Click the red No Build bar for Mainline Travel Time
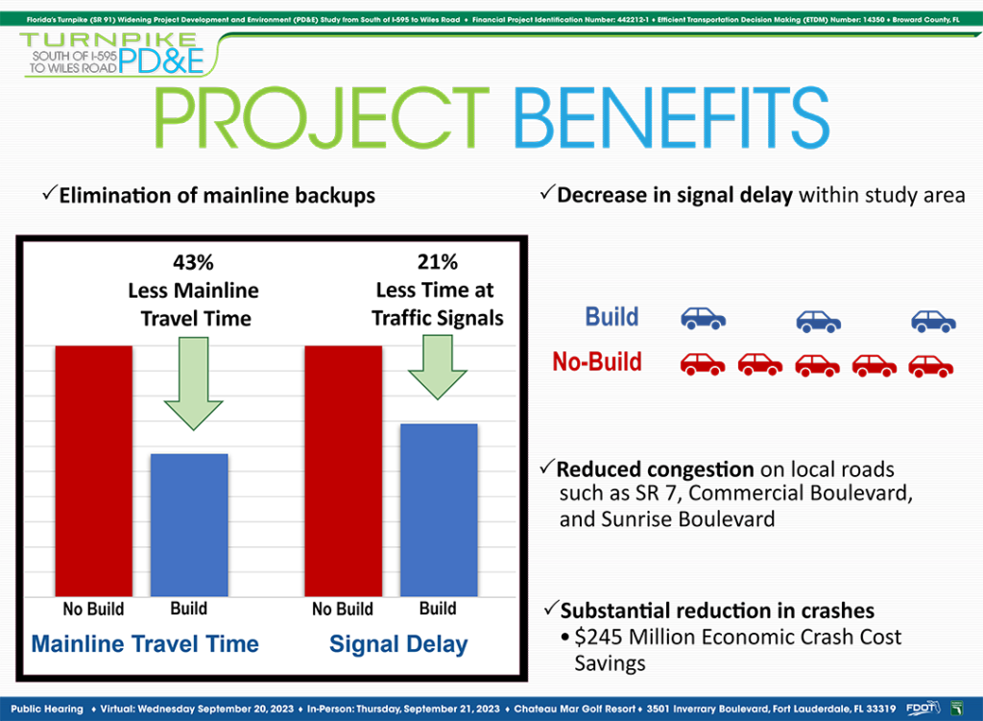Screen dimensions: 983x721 point(94,470)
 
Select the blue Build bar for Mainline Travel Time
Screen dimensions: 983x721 point(189,525)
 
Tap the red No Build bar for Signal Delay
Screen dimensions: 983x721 point(344,470)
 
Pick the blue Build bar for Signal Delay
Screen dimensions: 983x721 point(439,511)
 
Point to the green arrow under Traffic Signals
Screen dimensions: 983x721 point(438,368)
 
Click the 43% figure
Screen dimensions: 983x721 point(193,262)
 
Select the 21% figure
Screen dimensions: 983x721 point(438,262)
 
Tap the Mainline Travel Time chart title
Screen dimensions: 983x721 point(145,644)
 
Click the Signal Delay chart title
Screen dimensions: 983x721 point(398,644)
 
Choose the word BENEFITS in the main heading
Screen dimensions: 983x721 point(671,118)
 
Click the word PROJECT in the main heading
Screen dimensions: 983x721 point(322,118)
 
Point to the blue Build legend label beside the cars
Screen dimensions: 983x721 point(611,317)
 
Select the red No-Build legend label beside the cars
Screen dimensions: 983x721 point(597,362)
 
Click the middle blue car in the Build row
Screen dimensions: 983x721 point(819,321)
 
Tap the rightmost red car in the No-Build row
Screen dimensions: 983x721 point(931,366)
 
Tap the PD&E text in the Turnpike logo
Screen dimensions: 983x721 point(161,60)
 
